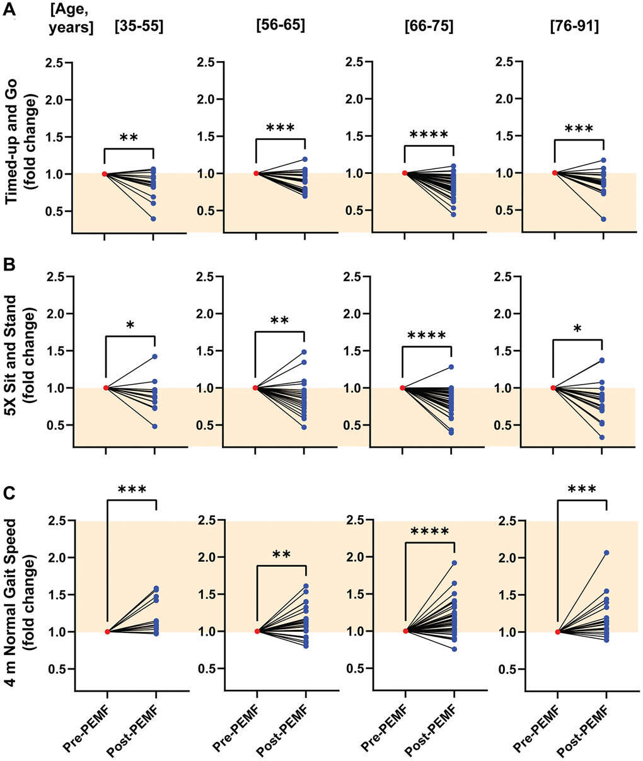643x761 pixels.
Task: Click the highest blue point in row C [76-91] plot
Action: (x=606, y=553)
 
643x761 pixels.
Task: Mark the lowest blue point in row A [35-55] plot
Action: (x=153, y=219)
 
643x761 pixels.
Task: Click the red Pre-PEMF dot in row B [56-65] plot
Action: (x=255, y=388)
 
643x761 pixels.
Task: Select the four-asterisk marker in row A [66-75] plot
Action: (x=429, y=134)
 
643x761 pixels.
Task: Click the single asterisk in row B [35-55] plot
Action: (x=129, y=325)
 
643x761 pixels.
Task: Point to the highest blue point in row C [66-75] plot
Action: (x=454, y=563)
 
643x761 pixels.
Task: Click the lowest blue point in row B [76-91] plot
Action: (x=602, y=437)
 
